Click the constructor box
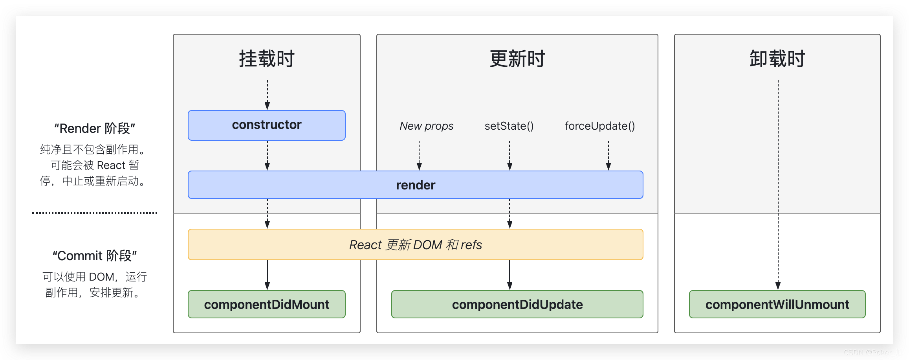[x=267, y=125]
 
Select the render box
[x=416, y=185]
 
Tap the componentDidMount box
[x=267, y=304]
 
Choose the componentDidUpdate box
[x=517, y=304]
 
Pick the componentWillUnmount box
[x=777, y=304]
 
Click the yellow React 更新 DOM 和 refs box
[x=416, y=244]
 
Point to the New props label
[x=427, y=126]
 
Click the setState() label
[x=509, y=126]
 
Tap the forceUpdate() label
[x=600, y=126]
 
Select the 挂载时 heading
[x=267, y=59]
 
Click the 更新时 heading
[x=517, y=59]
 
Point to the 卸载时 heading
[x=777, y=59]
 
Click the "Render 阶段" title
[x=95, y=129]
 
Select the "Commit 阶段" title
[x=95, y=256]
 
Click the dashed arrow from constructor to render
[x=268, y=156]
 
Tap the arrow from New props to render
[x=419, y=156]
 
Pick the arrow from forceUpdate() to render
[x=608, y=156]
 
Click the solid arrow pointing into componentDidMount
[x=268, y=275]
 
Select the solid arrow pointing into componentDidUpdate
[x=509, y=275]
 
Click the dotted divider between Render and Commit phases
[x=95, y=213]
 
